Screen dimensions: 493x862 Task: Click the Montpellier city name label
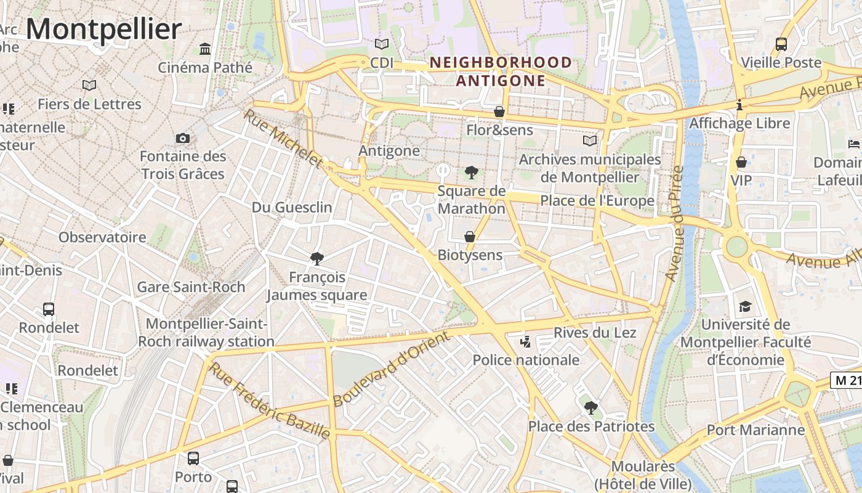pos(103,30)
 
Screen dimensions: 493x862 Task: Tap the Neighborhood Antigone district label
pos(501,71)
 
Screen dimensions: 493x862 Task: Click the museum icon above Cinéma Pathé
pos(205,49)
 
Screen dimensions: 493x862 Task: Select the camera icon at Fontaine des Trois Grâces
pos(183,138)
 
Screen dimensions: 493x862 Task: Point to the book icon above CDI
pos(382,44)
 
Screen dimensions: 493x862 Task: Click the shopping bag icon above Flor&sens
pos(499,112)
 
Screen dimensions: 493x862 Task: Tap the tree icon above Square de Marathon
pos(472,172)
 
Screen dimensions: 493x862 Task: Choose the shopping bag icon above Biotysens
pos(470,237)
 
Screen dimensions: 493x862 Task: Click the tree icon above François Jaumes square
pos(317,258)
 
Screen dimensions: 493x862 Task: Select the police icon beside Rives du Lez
pos(525,341)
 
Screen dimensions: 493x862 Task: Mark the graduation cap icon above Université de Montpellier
pos(746,306)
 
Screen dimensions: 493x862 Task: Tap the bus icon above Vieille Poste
pos(781,44)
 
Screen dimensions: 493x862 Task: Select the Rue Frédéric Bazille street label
pos(270,401)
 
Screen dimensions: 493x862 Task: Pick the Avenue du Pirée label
pos(675,223)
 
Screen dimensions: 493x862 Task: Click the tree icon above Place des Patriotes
pos(590,407)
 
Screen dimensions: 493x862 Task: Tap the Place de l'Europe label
pos(597,201)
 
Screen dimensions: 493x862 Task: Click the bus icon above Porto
pos(193,458)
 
